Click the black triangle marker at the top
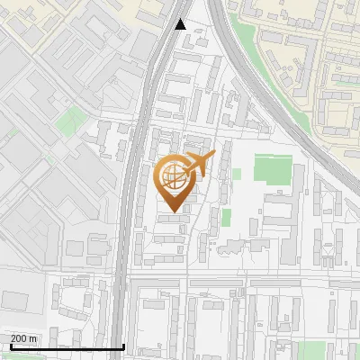181,24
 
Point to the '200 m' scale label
23,338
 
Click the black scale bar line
63,346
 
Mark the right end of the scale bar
123,346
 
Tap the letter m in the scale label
32,338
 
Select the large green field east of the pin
273,169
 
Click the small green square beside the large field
237,174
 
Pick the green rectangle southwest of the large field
227,217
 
